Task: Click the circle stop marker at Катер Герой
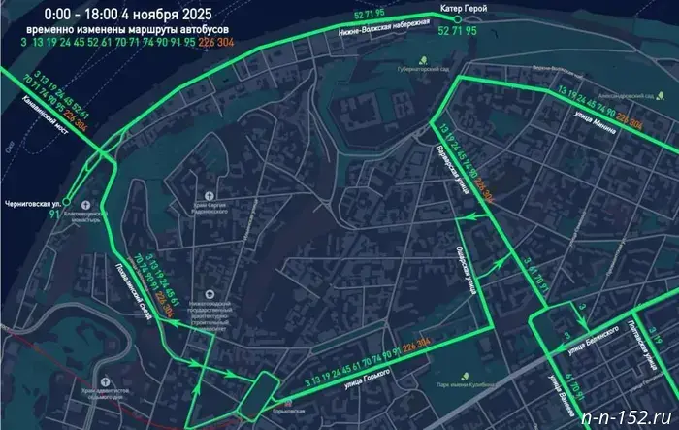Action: (x=483, y=12)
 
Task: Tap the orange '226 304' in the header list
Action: (x=215, y=44)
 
